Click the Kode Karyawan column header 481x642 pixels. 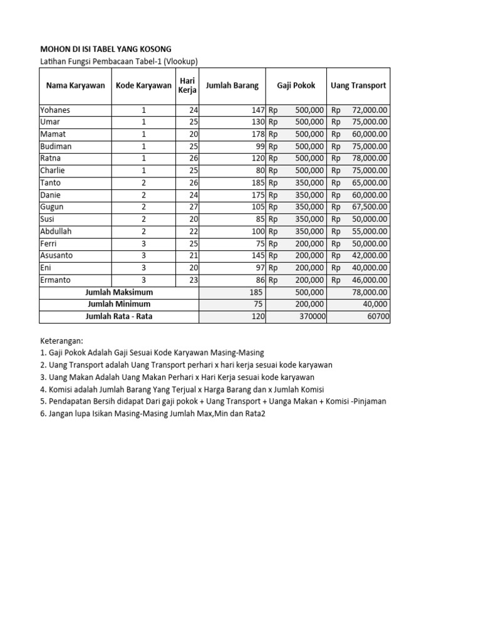coord(143,86)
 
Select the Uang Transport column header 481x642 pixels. coord(359,86)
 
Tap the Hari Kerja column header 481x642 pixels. coord(188,86)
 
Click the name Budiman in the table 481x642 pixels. coord(56,146)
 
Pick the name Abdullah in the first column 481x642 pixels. coord(56,231)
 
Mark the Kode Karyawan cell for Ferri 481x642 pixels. coord(143,243)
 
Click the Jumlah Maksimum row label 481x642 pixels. coord(119,292)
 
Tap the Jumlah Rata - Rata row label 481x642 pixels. coord(119,317)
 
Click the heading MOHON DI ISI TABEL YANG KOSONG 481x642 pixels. coord(105,49)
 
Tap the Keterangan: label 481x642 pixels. coord(61,341)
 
